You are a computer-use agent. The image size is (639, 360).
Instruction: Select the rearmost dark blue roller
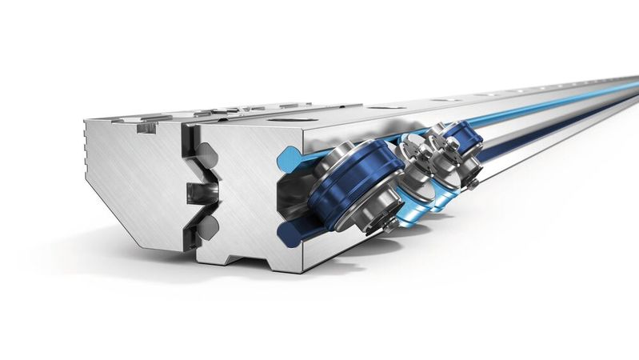pyautogui.click(x=462, y=144)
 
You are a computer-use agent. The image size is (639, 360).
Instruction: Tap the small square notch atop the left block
pyautogui.click(x=145, y=126)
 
